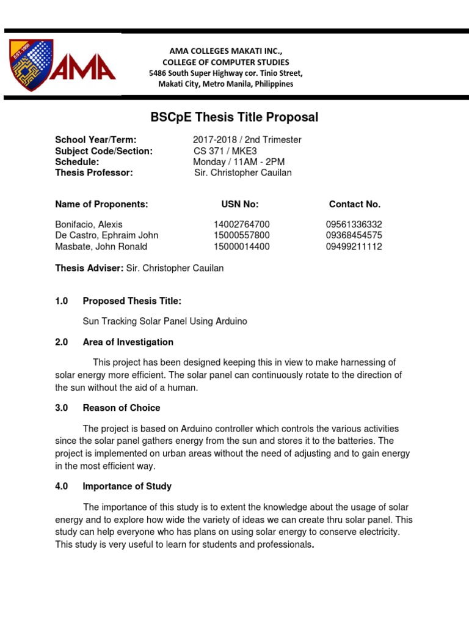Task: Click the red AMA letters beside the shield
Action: pos(82,68)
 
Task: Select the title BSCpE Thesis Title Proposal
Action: pos(234,117)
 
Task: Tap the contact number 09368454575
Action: pos(354,235)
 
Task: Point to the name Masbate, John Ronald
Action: pos(101,247)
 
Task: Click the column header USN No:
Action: pos(239,204)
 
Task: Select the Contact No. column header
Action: pos(354,204)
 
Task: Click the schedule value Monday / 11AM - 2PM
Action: pos(239,161)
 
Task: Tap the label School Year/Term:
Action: pos(95,139)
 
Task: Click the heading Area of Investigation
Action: pos(128,342)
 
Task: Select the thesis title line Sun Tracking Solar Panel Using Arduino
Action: pos(165,321)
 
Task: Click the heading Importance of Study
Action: pos(127,486)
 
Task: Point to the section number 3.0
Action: pos(61,408)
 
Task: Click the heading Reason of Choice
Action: pos(122,408)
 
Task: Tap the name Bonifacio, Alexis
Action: pos(89,224)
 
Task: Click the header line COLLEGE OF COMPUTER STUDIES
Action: pos(226,62)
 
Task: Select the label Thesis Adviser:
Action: pos(89,268)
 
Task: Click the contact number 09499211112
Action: pos(354,247)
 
